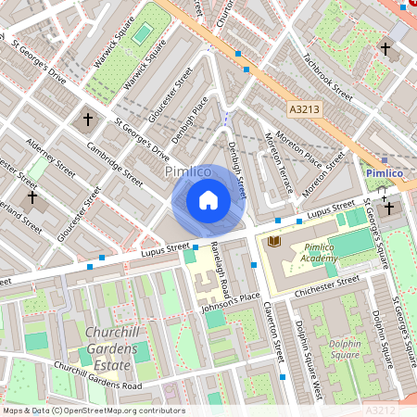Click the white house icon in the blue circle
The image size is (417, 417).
click(x=208, y=200)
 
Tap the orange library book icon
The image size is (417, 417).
click(x=274, y=242)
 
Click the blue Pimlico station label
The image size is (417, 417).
click(x=383, y=173)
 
